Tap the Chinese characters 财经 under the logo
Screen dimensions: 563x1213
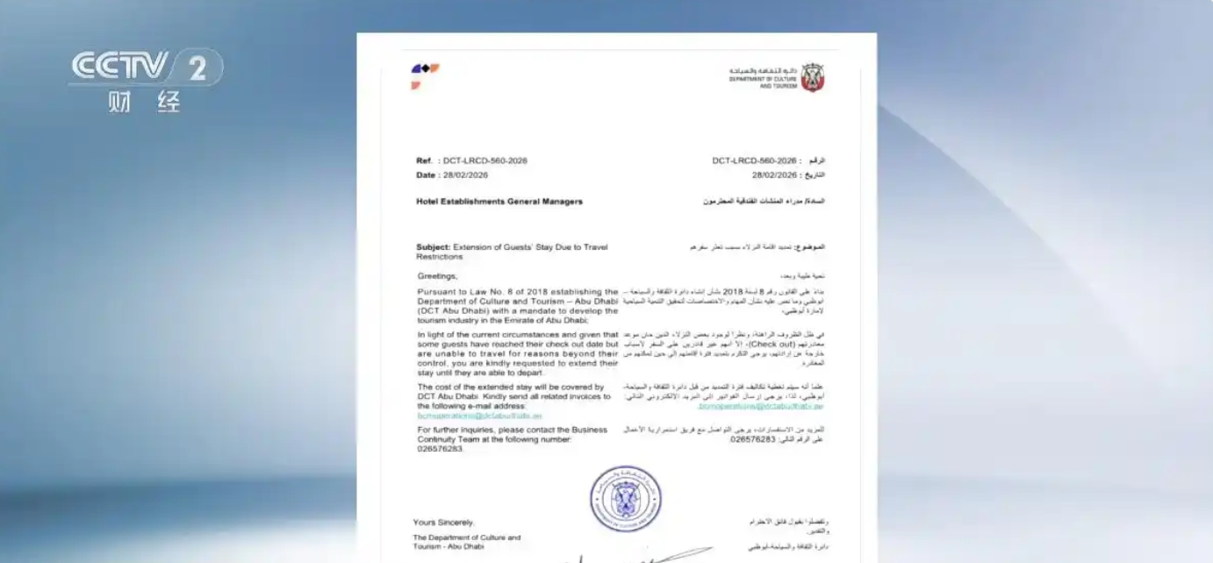pos(144,102)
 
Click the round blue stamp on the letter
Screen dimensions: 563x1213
pos(625,499)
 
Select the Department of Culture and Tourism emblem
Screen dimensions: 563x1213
pos(812,77)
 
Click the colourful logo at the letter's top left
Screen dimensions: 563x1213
pos(425,75)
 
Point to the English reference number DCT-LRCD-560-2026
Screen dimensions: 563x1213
pos(484,161)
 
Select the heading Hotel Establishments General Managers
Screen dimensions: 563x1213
pos(499,202)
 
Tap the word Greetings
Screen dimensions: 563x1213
pos(436,275)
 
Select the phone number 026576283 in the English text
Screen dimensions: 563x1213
pos(440,448)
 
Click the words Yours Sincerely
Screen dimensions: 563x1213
pos(444,523)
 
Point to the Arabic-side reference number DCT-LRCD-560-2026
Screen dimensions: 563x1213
pos(754,161)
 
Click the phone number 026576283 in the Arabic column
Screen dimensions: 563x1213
pos(752,438)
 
